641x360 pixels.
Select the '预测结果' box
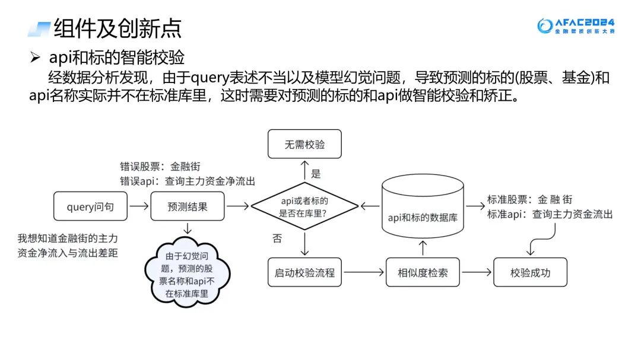pos(188,206)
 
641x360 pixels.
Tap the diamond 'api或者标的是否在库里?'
pos(304,206)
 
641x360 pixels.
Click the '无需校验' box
pos(304,144)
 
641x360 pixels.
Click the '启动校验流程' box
pos(304,273)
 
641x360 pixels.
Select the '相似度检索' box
pos(423,273)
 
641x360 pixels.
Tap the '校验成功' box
pos(530,273)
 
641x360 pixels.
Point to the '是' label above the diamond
pos(316,174)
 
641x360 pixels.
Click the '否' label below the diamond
pos(277,239)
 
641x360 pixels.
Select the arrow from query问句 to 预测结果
pos(139,206)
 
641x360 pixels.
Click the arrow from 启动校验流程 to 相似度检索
pos(363,273)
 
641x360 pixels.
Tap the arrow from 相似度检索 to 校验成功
pos(477,273)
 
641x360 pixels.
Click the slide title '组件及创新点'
pos(118,28)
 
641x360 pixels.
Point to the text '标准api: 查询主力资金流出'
pos(550,214)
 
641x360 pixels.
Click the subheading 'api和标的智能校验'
pos(117,58)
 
